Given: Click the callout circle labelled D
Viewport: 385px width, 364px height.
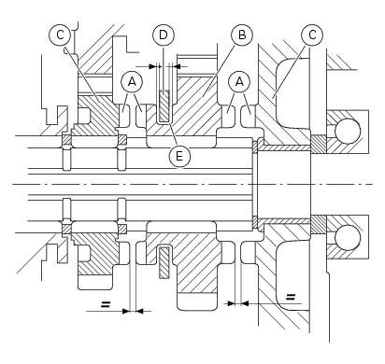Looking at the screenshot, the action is pyautogui.click(x=164, y=35).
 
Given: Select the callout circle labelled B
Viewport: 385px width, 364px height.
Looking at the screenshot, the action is pyautogui.click(x=242, y=35).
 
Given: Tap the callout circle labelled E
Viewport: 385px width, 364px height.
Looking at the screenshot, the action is pyautogui.click(x=179, y=156).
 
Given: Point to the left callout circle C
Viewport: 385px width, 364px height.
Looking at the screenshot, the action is pyautogui.click(x=60, y=35).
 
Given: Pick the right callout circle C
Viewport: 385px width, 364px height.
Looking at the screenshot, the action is pyautogui.click(x=312, y=35).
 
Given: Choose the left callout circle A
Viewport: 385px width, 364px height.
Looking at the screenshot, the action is pyautogui.click(x=132, y=82).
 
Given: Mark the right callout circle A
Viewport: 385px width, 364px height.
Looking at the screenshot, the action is pyautogui.click(x=239, y=82).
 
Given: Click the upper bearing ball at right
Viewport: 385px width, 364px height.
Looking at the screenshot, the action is pyautogui.click(x=348, y=131).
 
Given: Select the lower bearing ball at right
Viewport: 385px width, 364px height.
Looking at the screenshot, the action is pyautogui.click(x=348, y=238).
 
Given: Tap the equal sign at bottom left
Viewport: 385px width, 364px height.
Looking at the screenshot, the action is pyautogui.click(x=106, y=304).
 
